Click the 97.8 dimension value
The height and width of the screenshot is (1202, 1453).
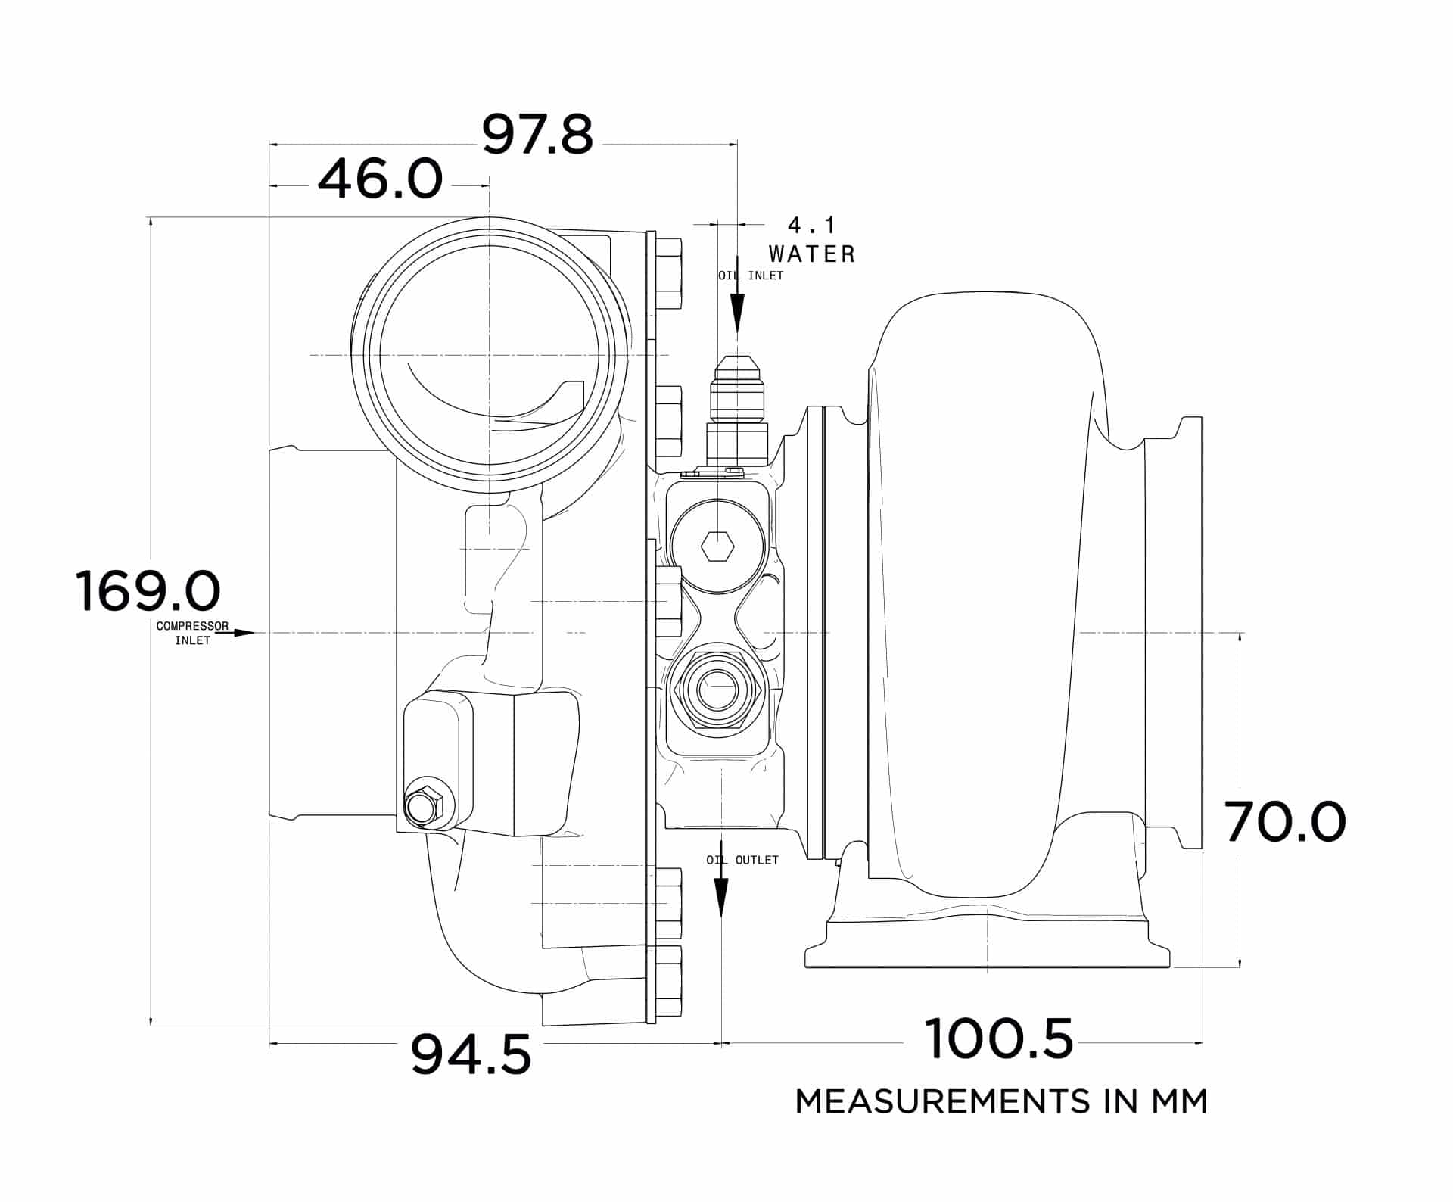[537, 136]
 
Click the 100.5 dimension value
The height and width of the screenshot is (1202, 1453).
[998, 1040]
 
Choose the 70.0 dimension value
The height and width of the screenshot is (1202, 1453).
[1285, 824]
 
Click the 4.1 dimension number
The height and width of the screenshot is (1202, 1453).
[811, 226]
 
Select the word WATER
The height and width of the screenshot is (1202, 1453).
[811, 254]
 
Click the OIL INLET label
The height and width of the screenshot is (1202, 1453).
[751, 276]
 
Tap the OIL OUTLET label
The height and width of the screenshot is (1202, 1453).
[742, 861]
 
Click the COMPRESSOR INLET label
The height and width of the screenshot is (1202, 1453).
[192, 633]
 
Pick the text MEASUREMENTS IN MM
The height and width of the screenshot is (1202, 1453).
[1000, 1101]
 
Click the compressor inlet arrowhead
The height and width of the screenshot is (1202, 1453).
[245, 632]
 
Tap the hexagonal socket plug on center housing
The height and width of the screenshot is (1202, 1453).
[717, 546]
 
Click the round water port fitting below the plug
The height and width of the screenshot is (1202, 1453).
[715, 690]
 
